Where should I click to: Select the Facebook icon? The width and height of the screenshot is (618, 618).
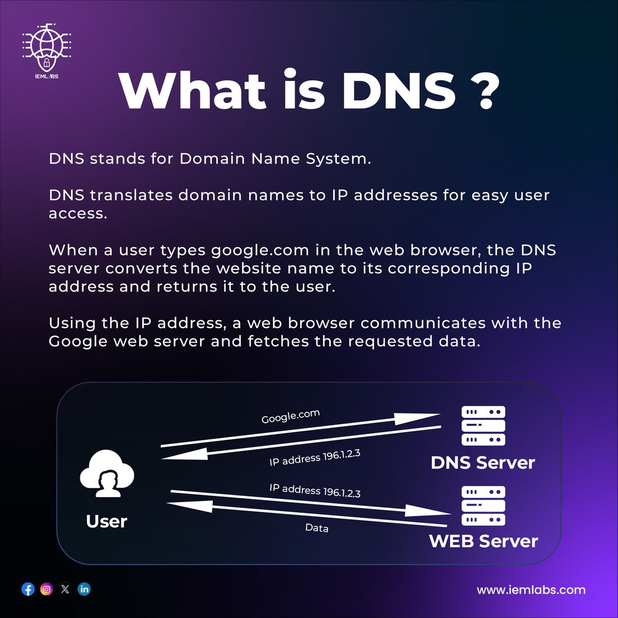[x=28, y=589]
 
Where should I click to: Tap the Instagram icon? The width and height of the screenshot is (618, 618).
[x=46, y=589]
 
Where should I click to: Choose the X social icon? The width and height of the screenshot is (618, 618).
[x=65, y=589]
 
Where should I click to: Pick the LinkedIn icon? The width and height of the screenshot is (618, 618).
[x=84, y=589]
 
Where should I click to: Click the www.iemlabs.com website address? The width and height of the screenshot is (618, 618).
[x=530, y=590]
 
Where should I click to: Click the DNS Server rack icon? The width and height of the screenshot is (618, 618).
[x=483, y=425]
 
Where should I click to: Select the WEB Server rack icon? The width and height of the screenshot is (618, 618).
[x=483, y=506]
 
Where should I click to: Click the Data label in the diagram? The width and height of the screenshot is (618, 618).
[x=317, y=528]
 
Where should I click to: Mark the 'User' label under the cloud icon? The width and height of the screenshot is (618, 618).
[x=107, y=521]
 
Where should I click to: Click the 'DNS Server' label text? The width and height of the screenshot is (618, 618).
[x=483, y=462]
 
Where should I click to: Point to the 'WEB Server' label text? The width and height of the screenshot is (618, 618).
[x=483, y=541]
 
